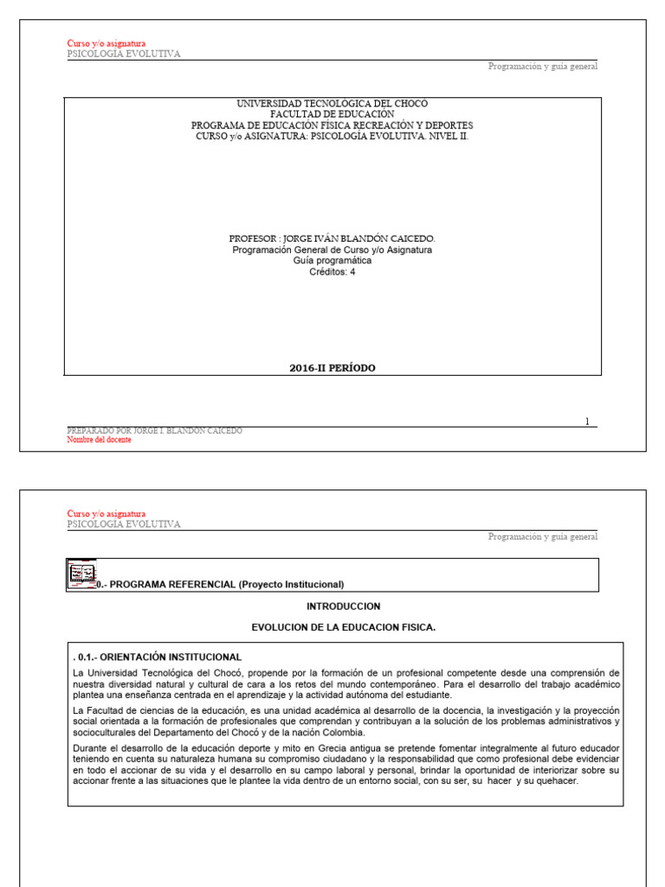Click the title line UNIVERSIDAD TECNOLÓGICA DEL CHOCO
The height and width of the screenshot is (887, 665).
(332, 103)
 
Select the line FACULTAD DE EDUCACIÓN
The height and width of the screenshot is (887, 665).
(332, 114)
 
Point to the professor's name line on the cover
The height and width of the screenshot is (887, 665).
(332, 238)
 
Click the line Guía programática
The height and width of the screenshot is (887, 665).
(332, 261)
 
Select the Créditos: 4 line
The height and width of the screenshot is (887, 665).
(332, 272)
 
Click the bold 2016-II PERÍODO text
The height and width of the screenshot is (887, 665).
(332, 368)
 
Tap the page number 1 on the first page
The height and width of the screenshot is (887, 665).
(587, 422)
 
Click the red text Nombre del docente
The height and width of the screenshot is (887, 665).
(100, 440)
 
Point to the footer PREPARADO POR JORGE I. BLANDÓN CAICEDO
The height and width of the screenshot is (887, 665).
(155, 431)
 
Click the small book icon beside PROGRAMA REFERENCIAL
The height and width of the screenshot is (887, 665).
(81, 575)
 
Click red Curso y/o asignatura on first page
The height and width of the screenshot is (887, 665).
(107, 43)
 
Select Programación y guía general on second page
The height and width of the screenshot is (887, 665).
(542, 537)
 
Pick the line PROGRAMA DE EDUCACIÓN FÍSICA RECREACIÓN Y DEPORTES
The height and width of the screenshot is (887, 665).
(332, 126)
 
